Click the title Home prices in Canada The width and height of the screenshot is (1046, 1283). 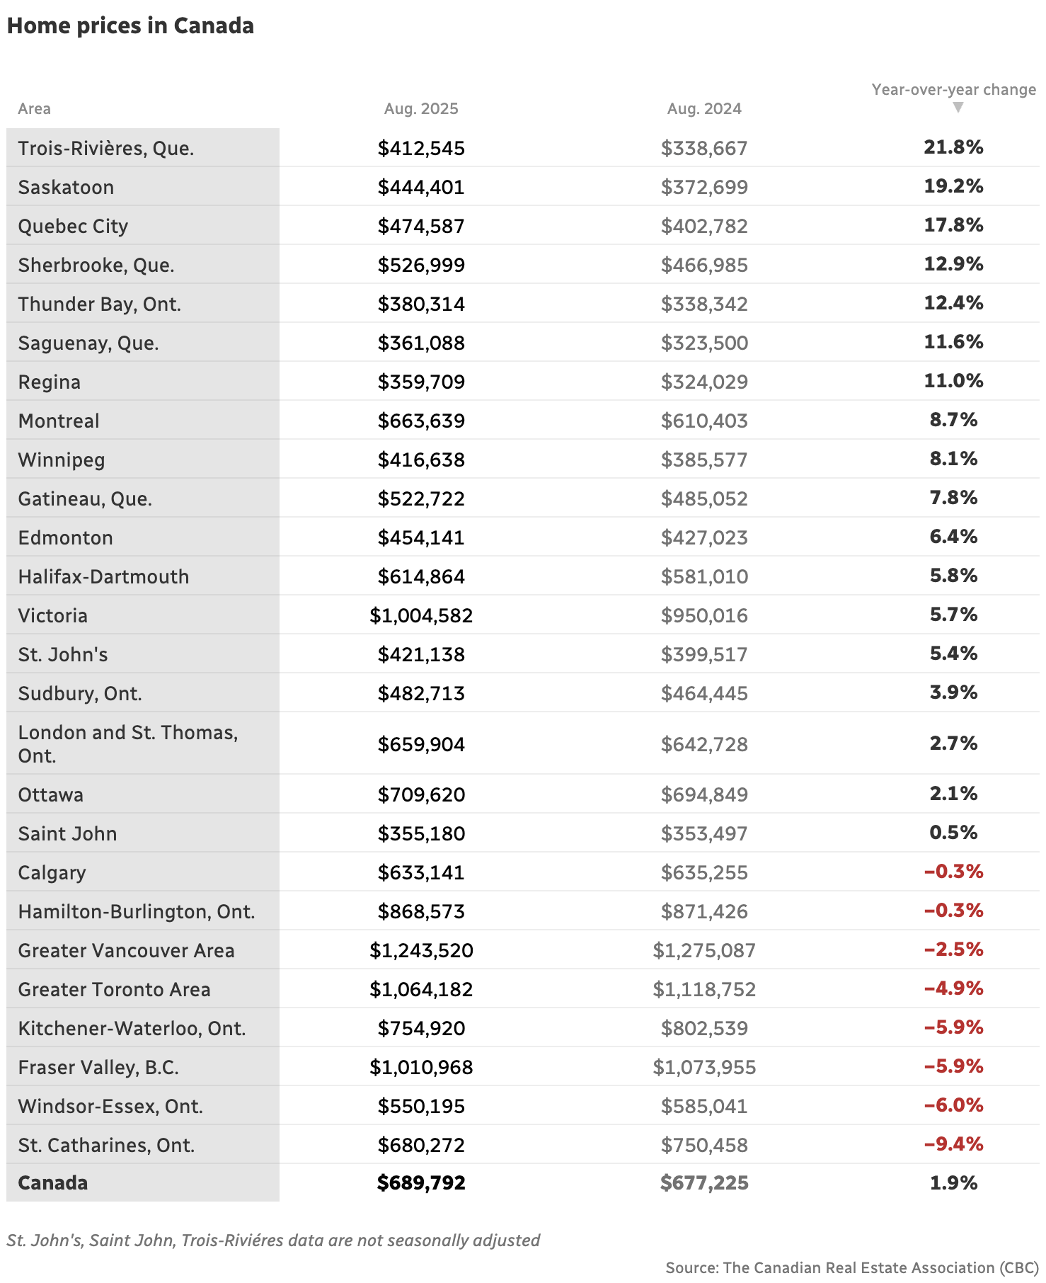click(x=130, y=25)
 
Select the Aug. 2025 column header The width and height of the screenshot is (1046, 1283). click(x=421, y=109)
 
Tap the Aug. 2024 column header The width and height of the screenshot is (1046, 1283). click(x=704, y=109)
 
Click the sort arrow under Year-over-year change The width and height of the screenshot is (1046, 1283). click(x=958, y=108)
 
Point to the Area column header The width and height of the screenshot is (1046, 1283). click(x=34, y=109)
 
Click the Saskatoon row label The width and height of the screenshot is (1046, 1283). click(x=66, y=187)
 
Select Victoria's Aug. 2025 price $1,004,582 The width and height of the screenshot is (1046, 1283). click(x=421, y=615)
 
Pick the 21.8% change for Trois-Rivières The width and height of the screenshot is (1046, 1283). click(x=953, y=147)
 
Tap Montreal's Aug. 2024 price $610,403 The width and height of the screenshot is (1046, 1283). click(x=704, y=421)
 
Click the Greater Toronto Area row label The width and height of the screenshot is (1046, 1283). click(x=114, y=989)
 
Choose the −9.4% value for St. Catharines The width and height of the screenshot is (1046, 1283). click(x=953, y=1144)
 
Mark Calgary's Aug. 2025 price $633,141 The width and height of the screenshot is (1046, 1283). click(x=421, y=872)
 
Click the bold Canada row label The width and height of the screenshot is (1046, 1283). click(x=53, y=1182)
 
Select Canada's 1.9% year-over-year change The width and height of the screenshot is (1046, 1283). click(x=953, y=1182)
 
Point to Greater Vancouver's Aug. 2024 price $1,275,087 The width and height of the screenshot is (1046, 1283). click(x=704, y=950)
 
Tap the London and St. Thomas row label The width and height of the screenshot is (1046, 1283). click(x=127, y=743)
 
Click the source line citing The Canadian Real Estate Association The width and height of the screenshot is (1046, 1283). click(x=851, y=1267)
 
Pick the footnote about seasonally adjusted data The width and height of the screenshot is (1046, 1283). click(x=273, y=1241)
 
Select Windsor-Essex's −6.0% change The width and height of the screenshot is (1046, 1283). click(x=953, y=1105)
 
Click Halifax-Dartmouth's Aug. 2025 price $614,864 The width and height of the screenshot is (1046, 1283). click(x=421, y=576)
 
